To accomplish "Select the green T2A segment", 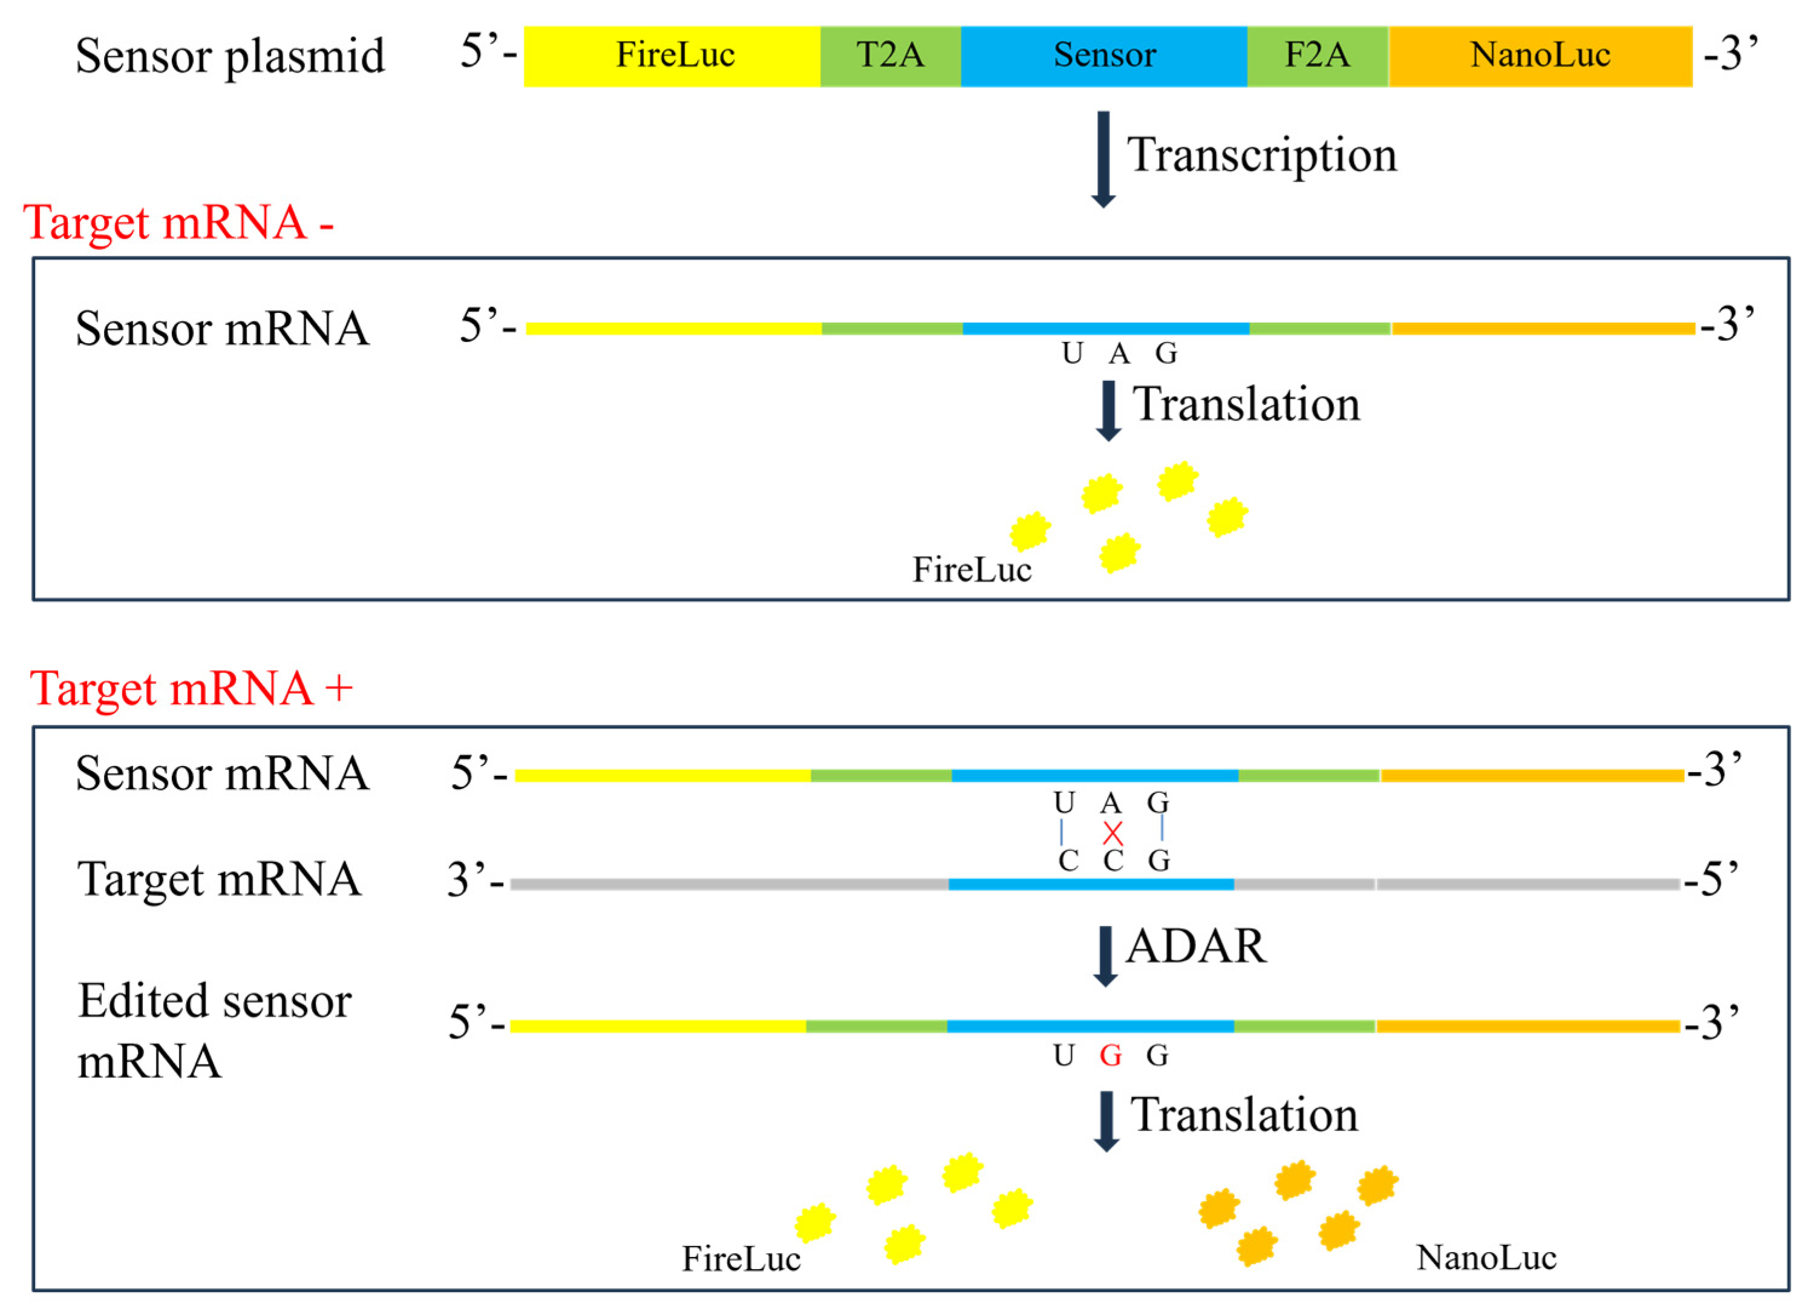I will [x=890, y=56].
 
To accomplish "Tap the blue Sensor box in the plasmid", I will [x=1104, y=56].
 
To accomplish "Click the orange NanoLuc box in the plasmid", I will [x=1540, y=56].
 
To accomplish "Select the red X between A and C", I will [x=1112, y=833].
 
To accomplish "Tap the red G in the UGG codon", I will [x=1110, y=1056].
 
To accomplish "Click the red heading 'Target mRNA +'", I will [x=190, y=689].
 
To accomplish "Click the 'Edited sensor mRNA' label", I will [x=214, y=1031].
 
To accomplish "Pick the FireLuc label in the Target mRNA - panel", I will [x=972, y=570].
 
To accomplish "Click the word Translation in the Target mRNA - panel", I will [x=1246, y=404].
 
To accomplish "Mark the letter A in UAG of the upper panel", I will [x=1119, y=353].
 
